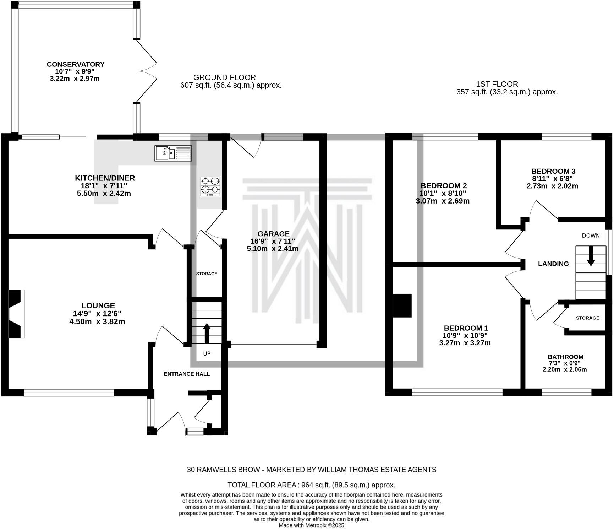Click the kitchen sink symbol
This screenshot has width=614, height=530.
click(173, 153)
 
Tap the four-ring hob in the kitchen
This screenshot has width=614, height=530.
click(210, 186)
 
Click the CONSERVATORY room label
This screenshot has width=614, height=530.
click(76, 64)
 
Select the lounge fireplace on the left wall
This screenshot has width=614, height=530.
click(16, 314)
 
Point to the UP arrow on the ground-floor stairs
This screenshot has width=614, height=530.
click(206, 333)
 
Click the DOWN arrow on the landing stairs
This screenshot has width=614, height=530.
click(591, 256)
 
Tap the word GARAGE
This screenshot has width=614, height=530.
click(273, 234)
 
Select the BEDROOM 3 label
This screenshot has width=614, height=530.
click(553, 171)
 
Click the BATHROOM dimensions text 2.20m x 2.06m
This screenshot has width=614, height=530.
click(565, 369)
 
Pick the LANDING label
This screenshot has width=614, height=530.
click(553, 264)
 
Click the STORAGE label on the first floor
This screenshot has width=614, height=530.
click(587, 318)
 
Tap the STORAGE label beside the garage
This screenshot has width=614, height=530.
click(207, 274)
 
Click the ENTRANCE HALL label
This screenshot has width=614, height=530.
click(187, 374)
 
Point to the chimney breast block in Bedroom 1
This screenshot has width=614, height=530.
click(402, 305)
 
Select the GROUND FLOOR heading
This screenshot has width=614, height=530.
click(224, 77)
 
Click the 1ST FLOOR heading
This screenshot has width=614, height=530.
click(497, 84)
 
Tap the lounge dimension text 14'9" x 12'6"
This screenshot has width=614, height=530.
click(97, 313)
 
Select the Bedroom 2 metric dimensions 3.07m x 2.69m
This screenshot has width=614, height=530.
click(442, 201)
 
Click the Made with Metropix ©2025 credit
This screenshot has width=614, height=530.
click(311, 525)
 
